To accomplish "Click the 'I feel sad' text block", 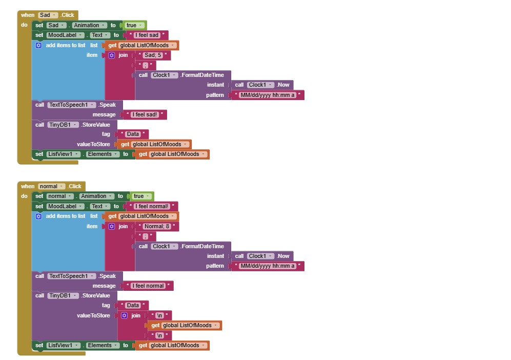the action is (147, 35).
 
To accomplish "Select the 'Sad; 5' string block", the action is (153, 55).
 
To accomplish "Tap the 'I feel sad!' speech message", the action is (145, 114).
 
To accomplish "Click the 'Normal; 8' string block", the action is (157, 226).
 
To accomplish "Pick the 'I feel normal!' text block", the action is (152, 207).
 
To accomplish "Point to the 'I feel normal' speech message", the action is (148, 286).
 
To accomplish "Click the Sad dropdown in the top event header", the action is (48, 15).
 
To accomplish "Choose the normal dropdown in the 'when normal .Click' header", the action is (51, 186).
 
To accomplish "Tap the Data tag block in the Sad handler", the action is (133, 134).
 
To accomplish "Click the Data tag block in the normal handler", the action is (133, 305).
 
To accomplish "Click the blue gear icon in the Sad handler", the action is (38, 45).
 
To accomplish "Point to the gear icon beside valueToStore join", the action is (124, 315).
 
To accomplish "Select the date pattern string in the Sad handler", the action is (268, 95).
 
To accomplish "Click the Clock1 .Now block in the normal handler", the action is (262, 256).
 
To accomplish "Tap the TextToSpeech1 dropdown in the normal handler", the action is (72, 276).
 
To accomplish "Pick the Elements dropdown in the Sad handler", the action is (103, 154).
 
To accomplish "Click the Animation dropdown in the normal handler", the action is (97, 196).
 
